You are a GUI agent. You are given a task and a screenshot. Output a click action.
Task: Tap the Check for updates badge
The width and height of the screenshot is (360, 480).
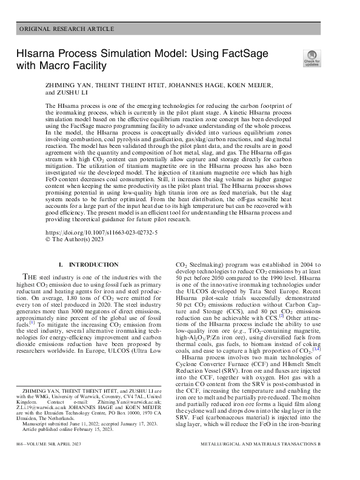coord(312,58)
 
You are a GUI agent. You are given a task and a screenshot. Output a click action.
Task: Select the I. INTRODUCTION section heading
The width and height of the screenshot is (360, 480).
coord(88,265)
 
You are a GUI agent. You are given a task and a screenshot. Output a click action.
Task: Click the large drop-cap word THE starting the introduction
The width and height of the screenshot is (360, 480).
coord(32,276)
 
